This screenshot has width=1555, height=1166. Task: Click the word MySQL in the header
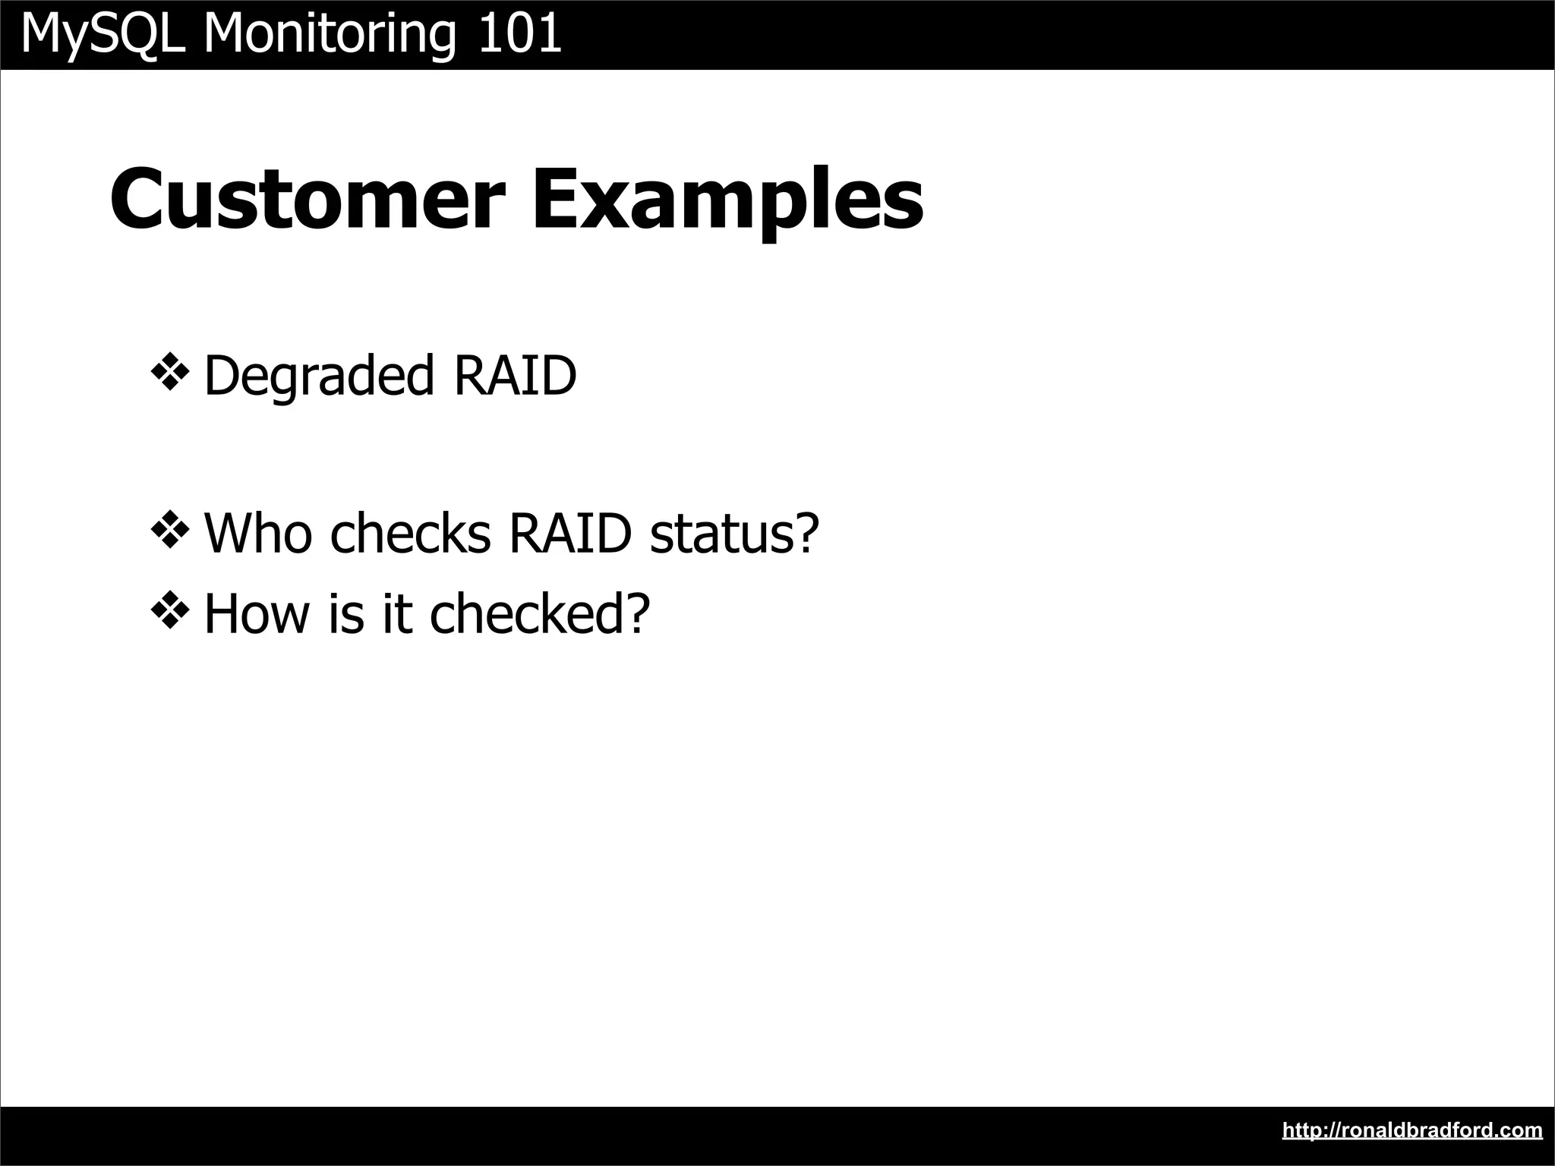[103, 34]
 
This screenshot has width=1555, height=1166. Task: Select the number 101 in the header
[520, 34]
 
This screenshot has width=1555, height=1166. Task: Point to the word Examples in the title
[727, 199]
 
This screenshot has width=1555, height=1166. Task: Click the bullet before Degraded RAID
[169, 373]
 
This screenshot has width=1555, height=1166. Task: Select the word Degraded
[319, 376]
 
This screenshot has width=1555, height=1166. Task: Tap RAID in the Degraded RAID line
[516, 376]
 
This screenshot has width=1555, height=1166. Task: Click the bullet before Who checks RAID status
[169, 531]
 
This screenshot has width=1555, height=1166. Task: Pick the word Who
[258, 533]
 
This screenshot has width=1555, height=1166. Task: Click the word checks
[411, 533]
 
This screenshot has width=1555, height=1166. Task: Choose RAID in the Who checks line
[570, 533]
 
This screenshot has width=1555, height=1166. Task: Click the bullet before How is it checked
[169, 612]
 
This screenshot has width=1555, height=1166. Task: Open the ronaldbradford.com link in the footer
[1412, 1130]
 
